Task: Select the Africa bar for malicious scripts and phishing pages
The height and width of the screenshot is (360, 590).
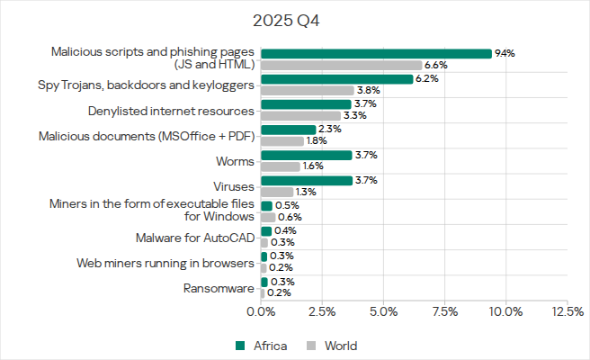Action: (376, 53)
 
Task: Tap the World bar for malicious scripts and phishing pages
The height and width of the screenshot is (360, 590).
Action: (342, 65)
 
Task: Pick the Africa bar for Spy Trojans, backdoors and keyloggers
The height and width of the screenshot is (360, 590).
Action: (336, 79)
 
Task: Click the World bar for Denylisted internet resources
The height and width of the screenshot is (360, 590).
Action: (301, 116)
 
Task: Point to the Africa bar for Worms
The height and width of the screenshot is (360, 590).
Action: (306, 155)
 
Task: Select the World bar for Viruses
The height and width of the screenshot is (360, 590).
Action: (277, 192)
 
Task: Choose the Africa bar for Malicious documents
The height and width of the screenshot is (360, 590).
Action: (289, 130)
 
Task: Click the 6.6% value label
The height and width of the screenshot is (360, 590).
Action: (437, 65)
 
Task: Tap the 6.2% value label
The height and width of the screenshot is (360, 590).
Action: (427, 79)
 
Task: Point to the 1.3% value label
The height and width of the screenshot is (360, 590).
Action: (308, 192)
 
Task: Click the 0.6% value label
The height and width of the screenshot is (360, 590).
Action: (290, 217)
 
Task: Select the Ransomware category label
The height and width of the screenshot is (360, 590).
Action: (219, 288)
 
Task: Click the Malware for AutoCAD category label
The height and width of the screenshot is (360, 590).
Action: (195, 238)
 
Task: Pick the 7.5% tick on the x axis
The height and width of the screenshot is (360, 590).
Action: (445, 311)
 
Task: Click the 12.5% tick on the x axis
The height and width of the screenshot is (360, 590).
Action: (567, 311)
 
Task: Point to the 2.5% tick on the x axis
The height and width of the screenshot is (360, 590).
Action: (322, 311)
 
